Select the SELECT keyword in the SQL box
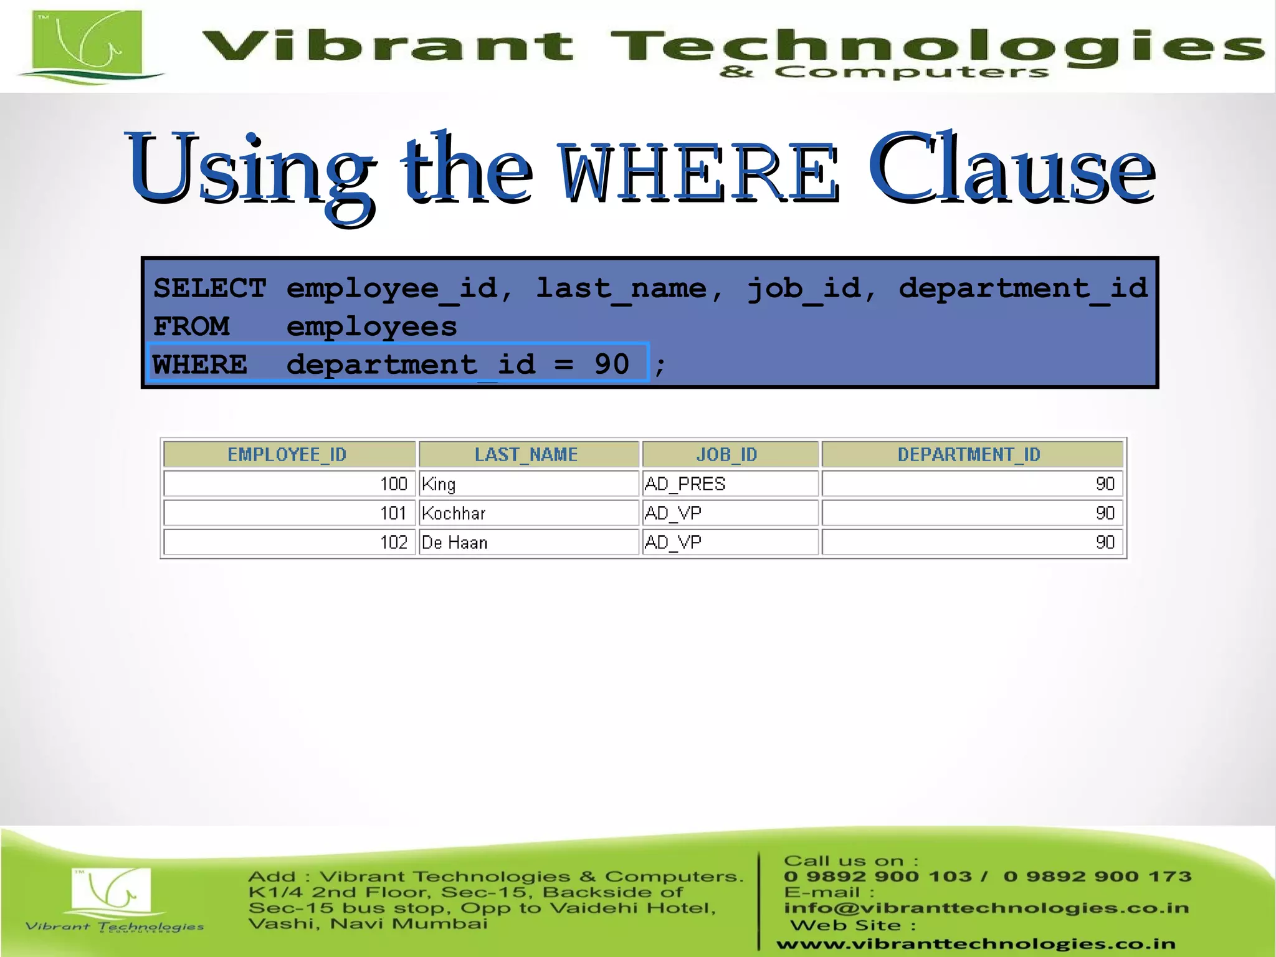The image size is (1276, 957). [x=209, y=288]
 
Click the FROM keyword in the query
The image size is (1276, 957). [x=191, y=326]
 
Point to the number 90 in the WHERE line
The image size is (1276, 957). [x=612, y=364]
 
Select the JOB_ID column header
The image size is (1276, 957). [x=726, y=455]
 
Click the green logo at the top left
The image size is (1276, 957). [x=87, y=45]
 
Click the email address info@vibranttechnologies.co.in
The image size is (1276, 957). [x=986, y=908]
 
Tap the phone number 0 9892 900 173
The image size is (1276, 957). [x=1097, y=877]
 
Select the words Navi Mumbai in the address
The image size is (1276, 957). [x=409, y=923]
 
